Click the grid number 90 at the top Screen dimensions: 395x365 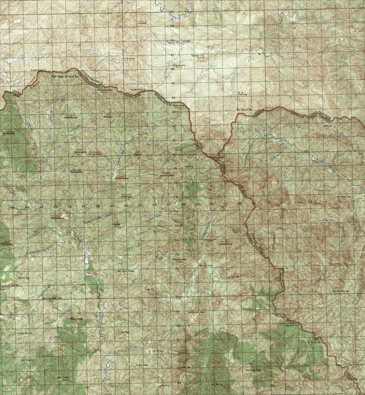pyautogui.click(x=172, y=12)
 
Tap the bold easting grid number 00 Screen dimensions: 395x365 pyautogui.click(x=126, y=206)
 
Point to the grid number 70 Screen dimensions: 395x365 pyautogui.click(x=178, y=298)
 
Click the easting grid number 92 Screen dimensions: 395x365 pyautogui.click(x=13, y=208)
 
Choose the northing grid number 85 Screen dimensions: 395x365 pyautogui.click(x=173, y=83)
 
